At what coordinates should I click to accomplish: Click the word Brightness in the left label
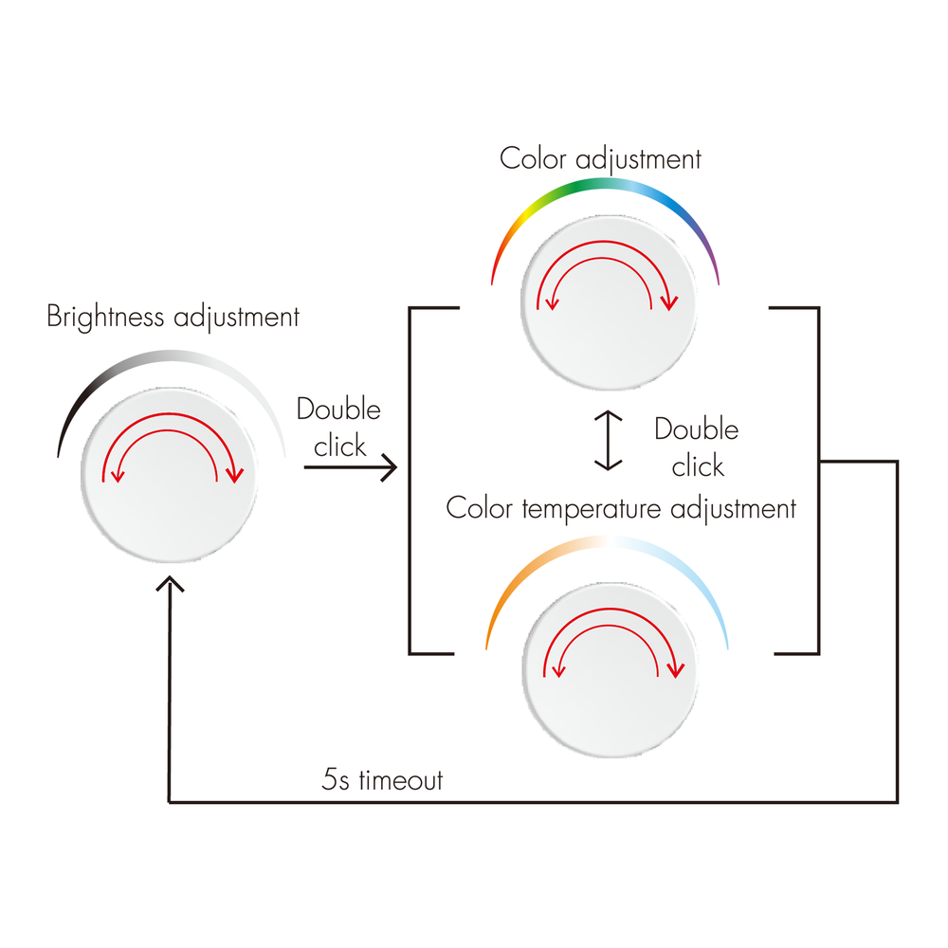point(105,317)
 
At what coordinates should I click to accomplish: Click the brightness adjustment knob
point(169,475)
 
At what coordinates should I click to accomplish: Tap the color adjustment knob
point(609,302)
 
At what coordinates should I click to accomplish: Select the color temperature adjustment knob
point(610,670)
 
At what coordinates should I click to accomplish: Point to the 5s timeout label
point(382,780)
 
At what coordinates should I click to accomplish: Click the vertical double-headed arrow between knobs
point(609,440)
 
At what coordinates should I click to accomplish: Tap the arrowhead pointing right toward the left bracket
point(389,467)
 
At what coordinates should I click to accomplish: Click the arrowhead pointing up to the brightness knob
point(170,583)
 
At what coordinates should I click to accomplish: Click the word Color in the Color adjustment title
point(533,159)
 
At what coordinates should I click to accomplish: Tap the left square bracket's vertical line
point(410,481)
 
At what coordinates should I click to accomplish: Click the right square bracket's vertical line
point(819,481)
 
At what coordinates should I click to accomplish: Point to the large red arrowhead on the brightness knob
point(234,475)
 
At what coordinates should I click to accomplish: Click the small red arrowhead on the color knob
point(552,303)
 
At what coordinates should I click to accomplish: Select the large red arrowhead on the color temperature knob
point(675,669)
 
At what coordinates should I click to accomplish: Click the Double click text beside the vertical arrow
point(697,447)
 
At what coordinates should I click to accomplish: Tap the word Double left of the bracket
point(338,410)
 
